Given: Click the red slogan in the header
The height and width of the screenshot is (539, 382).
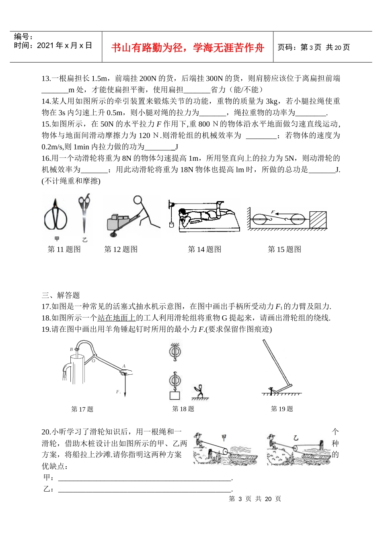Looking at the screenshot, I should tap(187, 48).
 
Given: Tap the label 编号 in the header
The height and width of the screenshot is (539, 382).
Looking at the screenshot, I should tap(23, 37).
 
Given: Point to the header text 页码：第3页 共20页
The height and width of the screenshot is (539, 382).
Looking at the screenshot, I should tap(314, 47).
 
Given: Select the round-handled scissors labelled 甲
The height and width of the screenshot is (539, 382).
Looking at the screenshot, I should tap(55, 217).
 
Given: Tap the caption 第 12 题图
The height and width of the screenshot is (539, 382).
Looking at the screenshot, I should tap(121, 249).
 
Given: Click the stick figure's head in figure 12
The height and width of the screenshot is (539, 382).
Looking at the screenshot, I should tap(138, 200).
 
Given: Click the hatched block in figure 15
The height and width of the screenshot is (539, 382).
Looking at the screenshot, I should tap(318, 220).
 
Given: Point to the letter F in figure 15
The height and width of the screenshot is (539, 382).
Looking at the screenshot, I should tap(273, 212).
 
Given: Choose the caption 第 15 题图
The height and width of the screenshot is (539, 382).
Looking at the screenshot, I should tap(284, 249).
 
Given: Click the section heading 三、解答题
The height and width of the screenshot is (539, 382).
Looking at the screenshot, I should tap(61, 296).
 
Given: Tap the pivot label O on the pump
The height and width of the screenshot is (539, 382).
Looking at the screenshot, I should tap(93, 361).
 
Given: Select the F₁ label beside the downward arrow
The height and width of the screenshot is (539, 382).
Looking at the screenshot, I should tap(118, 392).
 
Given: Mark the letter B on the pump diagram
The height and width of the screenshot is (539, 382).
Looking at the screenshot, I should tap(72, 349).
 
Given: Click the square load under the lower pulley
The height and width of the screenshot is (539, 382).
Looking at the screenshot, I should tap(175, 395).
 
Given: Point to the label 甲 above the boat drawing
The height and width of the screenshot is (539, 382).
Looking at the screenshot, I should tap(224, 437).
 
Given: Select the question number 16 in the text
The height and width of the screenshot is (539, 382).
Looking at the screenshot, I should tap(46, 158).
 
